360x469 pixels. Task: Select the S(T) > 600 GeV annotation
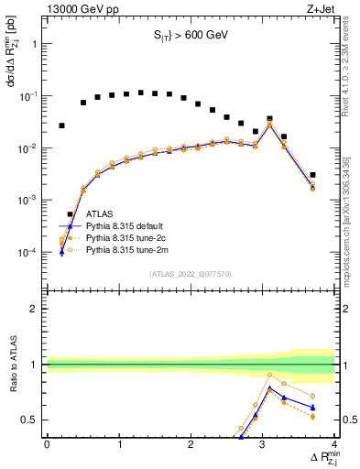pyautogui.click(x=190, y=36)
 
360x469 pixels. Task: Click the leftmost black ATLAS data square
pyautogui.click(x=61, y=125)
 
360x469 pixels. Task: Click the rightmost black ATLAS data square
pyautogui.click(x=312, y=175)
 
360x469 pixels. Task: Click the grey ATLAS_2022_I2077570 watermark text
pyautogui.click(x=190, y=273)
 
